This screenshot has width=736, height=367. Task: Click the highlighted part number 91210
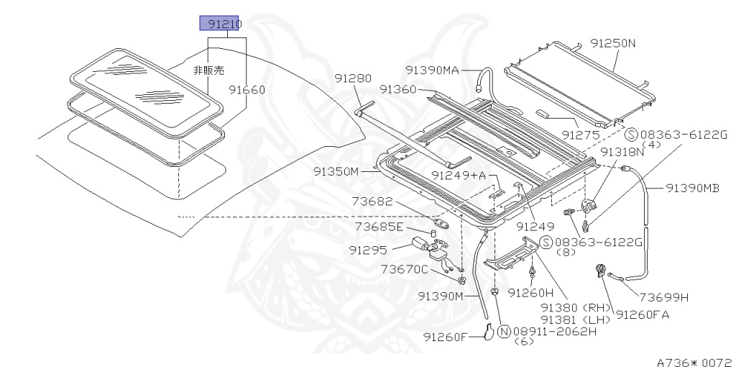(x=220, y=24)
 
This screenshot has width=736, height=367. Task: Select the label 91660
(x=247, y=90)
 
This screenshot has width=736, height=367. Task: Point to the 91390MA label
(x=431, y=70)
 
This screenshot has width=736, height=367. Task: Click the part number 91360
(x=398, y=89)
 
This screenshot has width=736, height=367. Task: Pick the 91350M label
(x=335, y=171)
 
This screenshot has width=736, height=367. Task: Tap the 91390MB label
(x=692, y=188)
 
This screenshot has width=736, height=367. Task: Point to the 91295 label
(x=369, y=250)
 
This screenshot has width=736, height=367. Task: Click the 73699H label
(x=664, y=296)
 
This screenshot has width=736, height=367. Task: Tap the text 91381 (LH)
(x=575, y=319)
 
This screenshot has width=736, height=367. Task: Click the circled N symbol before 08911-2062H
(x=504, y=331)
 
